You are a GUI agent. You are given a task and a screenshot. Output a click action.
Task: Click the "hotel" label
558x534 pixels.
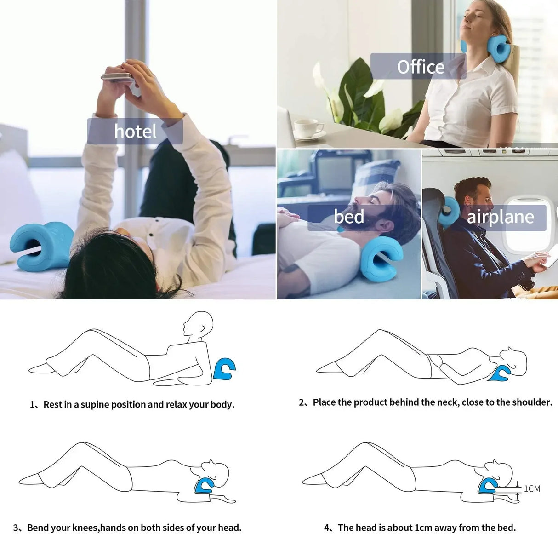[x=135, y=132]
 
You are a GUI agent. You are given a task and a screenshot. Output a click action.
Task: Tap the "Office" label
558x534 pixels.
[x=420, y=67]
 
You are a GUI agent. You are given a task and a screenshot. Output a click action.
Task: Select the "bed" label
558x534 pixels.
[x=349, y=217]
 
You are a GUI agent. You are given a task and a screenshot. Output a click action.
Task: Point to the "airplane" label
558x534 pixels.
[x=501, y=217]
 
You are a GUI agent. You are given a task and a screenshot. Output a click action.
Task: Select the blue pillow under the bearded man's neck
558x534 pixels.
[x=381, y=258]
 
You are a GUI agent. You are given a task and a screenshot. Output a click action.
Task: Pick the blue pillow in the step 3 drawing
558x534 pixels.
[x=204, y=486]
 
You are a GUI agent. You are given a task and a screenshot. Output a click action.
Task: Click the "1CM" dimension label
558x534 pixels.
[x=532, y=488]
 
